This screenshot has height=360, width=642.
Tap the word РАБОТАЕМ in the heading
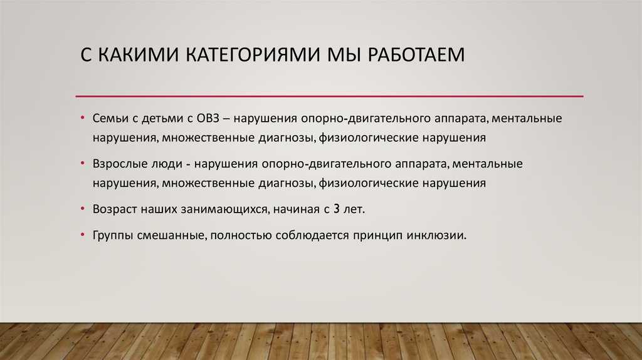(x=416, y=55)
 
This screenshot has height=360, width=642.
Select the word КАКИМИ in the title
(x=139, y=55)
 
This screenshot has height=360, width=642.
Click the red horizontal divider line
(x=330, y=96)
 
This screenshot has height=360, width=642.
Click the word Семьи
(x=109, y=119)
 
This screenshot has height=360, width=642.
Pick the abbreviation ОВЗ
(x=208, y=119)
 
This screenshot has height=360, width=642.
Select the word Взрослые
(x=117, y=164)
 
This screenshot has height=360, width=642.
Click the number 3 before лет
(x=337, y=209)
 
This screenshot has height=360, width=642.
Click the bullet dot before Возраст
(x=83, y=209)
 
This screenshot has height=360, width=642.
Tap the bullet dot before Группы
(x=83, y=235)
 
